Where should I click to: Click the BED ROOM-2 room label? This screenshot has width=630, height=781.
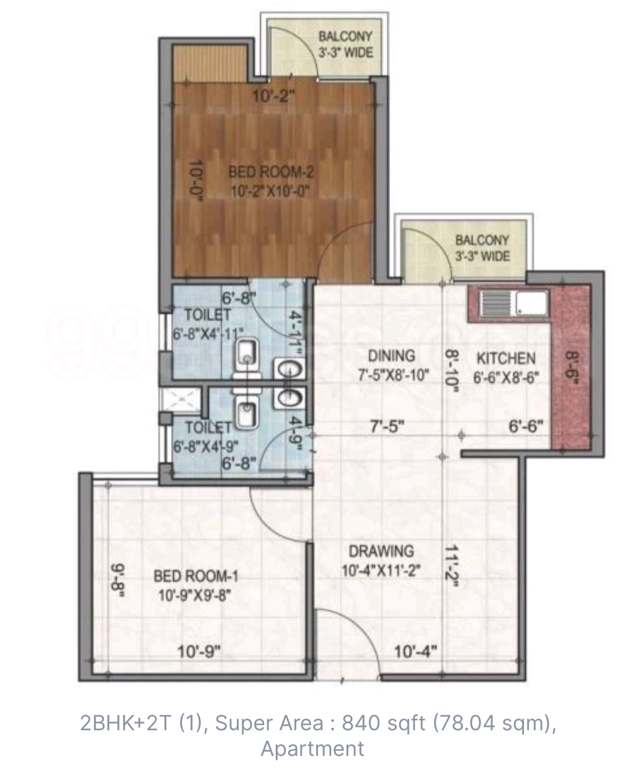[x=271, y=172]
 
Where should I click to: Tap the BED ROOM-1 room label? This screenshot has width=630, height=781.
[x=196, y=576]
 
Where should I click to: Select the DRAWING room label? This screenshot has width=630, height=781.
[x=381, y=551]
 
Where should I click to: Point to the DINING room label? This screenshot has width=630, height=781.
[x=391, y=356]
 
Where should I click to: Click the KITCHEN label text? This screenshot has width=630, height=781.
[x=506, y=358]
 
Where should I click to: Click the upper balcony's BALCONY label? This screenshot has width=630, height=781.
[x=345, y=36]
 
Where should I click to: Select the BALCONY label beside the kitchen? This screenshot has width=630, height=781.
[x=482, y=240]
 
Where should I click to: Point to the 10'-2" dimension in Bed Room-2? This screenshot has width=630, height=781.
[x=273, y=97]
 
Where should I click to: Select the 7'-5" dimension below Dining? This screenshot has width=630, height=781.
[x=387, y=427]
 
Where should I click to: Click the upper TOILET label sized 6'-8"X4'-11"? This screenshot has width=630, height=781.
[x=208, y=315]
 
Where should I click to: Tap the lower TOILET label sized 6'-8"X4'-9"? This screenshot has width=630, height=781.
[x=208, y=428]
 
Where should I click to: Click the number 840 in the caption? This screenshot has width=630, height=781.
[x=361, y=723]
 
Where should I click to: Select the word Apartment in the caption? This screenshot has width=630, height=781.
[x=313, y=749]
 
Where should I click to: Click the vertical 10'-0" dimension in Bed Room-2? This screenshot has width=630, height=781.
[x=196, y=180]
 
